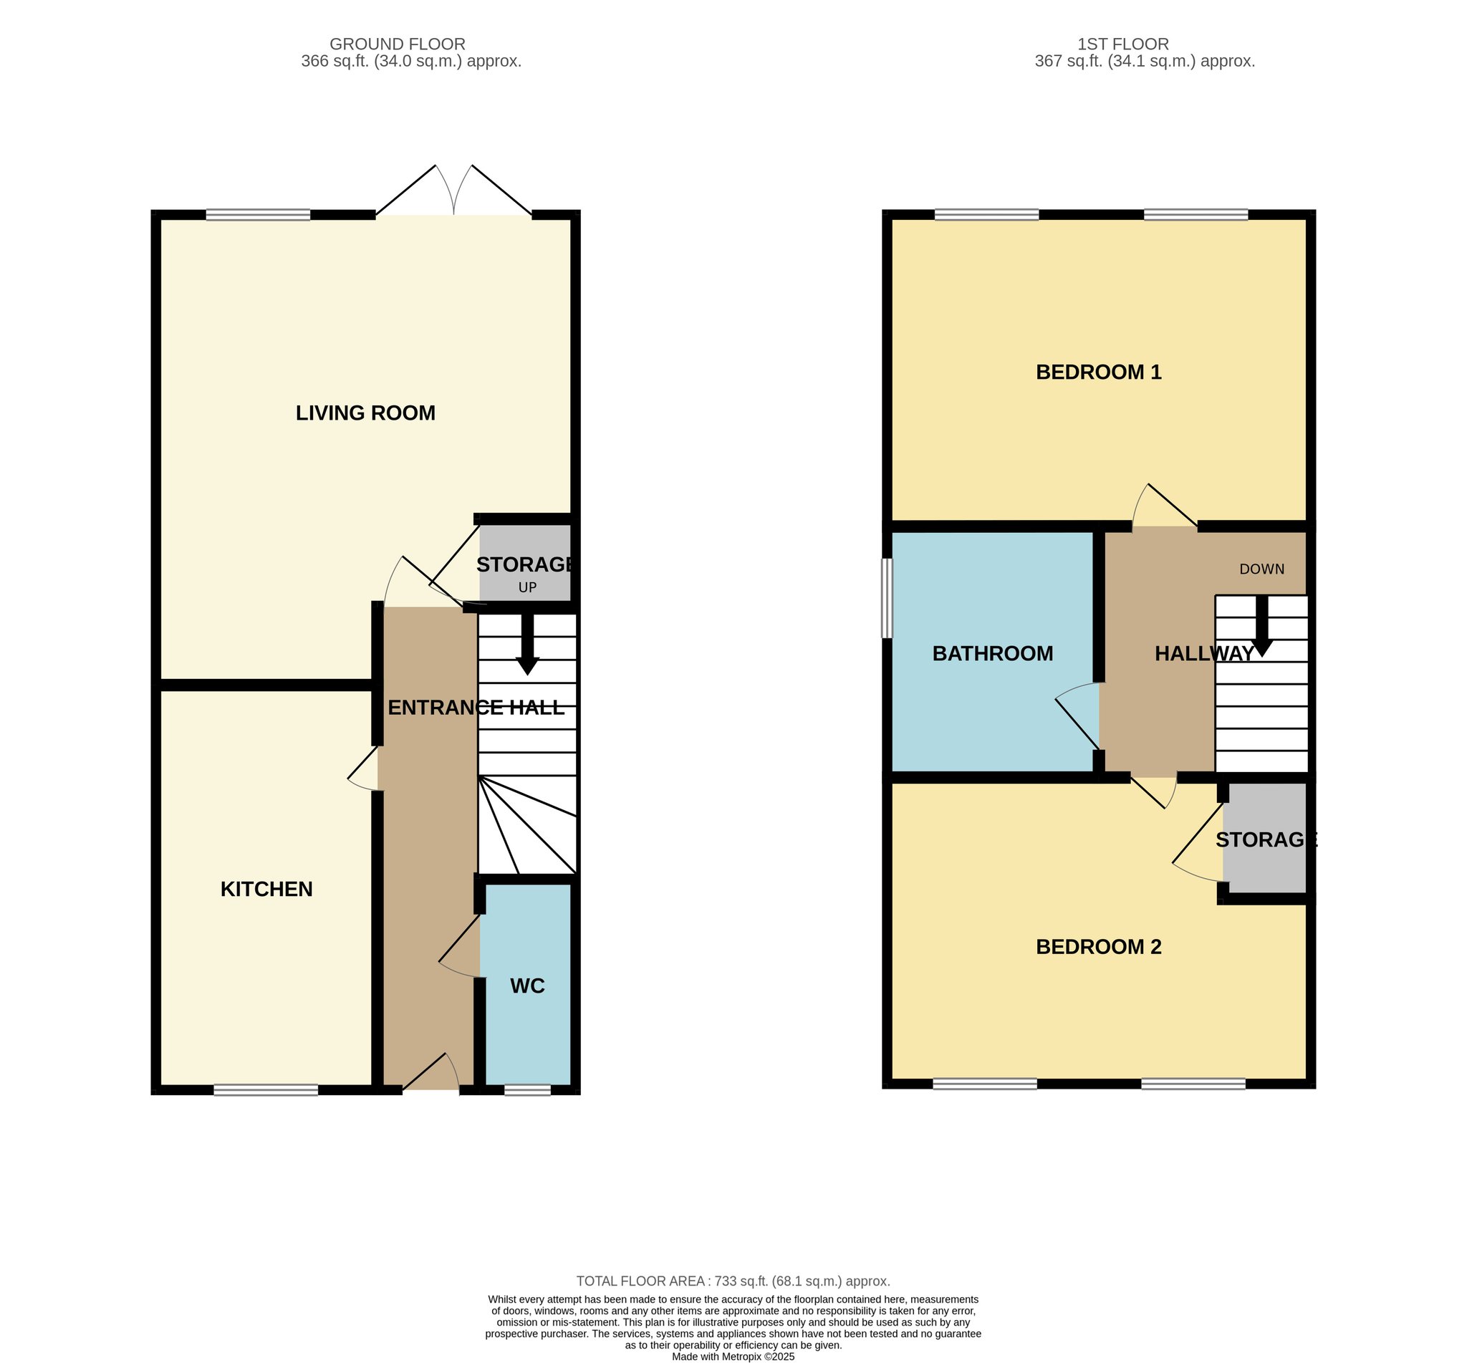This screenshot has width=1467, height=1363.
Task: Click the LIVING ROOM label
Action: [365, 413]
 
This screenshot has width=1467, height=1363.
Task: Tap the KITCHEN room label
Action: [266, 889]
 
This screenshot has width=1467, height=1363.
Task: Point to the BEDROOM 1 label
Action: [1098, 372]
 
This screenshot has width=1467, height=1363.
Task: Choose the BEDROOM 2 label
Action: [1098, 946]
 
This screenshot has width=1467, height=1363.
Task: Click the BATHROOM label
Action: [993, 653]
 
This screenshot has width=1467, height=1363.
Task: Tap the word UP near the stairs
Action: [527, 588]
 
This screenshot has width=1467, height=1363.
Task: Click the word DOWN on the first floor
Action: [1262, 569]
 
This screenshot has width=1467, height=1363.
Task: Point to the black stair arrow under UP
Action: [527, 643]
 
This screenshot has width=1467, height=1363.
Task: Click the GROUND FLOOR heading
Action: [397, 44]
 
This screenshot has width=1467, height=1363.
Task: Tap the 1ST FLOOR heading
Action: [1122, 44]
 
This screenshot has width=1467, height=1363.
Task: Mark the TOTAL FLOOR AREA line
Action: [733, 1281]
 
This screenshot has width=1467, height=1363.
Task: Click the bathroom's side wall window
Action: [888, 597]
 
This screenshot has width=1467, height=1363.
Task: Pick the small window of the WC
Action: [527, 1090]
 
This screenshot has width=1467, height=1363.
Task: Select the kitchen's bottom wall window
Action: [266, 1090]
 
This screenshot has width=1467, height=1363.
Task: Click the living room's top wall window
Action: [258, 215]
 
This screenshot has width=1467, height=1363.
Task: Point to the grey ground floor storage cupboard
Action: [525, 563]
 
